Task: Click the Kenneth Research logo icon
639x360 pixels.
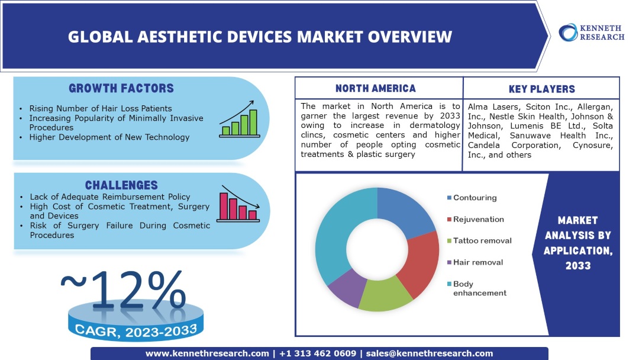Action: (569, 32)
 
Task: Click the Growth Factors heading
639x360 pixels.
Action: (121, 89)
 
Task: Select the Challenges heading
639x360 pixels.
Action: (121, 185)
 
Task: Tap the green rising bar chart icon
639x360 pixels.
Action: (238, 122)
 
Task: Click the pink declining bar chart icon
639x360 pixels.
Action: (240, 204)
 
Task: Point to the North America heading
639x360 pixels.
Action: (376, 89)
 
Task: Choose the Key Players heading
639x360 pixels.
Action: (541, 89)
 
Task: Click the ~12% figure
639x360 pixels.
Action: (123, 289)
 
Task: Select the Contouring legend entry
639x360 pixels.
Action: (475, 198)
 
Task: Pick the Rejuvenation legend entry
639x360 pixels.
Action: (478, 219)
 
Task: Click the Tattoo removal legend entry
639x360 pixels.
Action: (482, 241)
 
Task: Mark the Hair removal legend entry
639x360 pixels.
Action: (477, 262)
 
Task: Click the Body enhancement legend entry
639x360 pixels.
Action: (480, 288)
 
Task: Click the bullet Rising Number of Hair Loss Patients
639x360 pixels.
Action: (101, 108)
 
